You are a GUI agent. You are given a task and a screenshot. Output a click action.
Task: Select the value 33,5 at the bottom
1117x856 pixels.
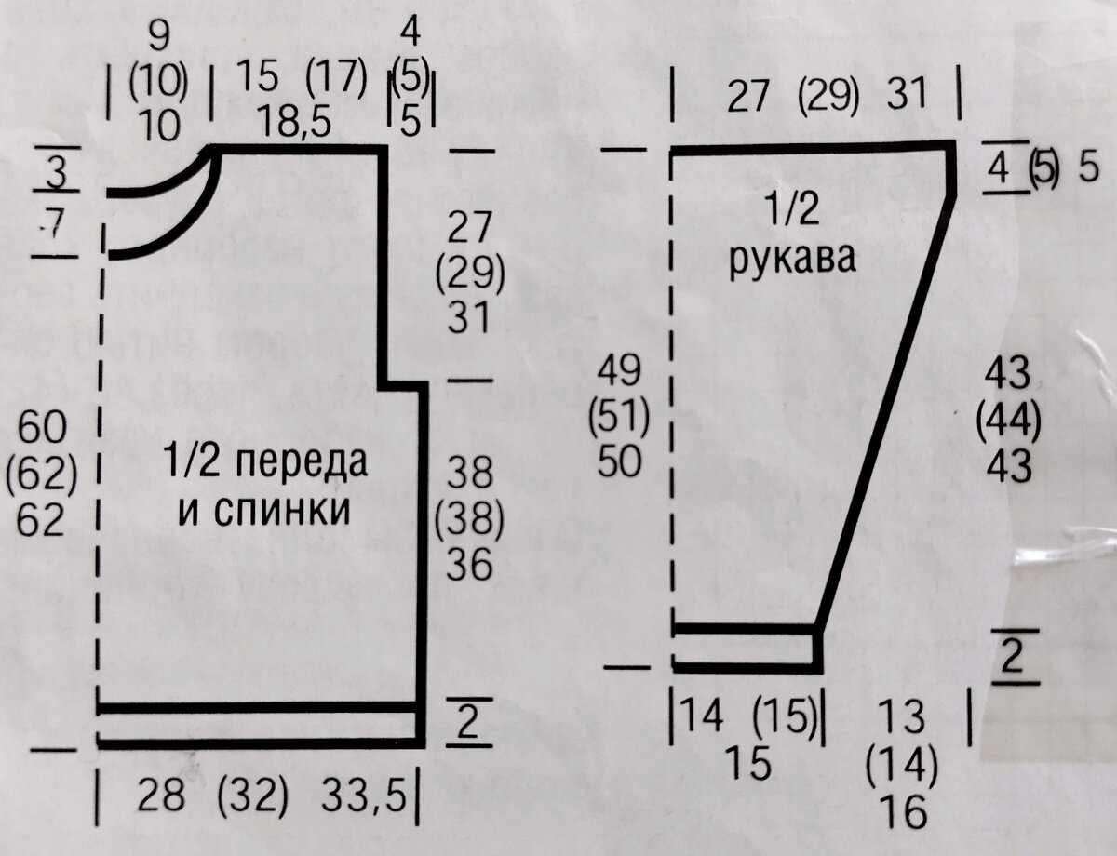pos(366,796)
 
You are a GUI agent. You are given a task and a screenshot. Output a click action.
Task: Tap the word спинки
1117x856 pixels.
pos(283,509)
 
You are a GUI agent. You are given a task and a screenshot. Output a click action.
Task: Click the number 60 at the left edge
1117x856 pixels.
pos(40,429)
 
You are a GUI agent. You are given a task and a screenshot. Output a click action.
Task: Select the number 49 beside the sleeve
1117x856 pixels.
pos(619,371)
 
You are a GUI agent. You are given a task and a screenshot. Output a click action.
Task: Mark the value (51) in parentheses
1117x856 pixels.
pos(619,418)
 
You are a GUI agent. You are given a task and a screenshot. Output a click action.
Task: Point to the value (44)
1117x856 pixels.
pos(1008,421)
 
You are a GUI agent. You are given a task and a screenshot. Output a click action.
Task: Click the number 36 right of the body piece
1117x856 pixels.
pos(469,565)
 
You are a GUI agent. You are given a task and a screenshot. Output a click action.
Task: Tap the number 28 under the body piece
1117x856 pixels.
pos(160,796)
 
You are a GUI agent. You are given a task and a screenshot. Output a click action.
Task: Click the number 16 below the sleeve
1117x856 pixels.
pos(902,813)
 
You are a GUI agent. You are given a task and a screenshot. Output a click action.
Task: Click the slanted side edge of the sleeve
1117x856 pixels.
pos(884,409)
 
